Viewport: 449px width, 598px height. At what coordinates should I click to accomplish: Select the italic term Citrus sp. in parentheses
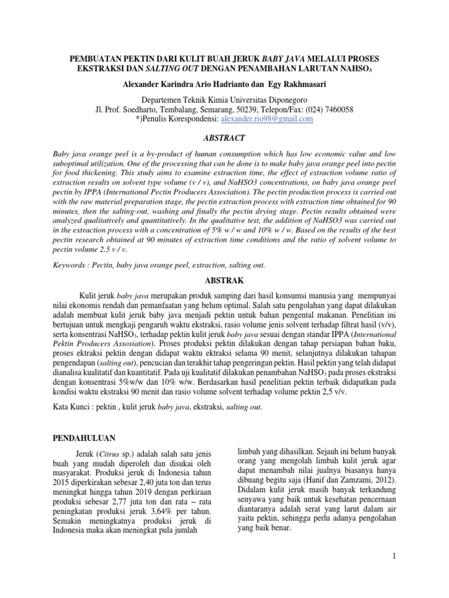(x=102, y=454)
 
